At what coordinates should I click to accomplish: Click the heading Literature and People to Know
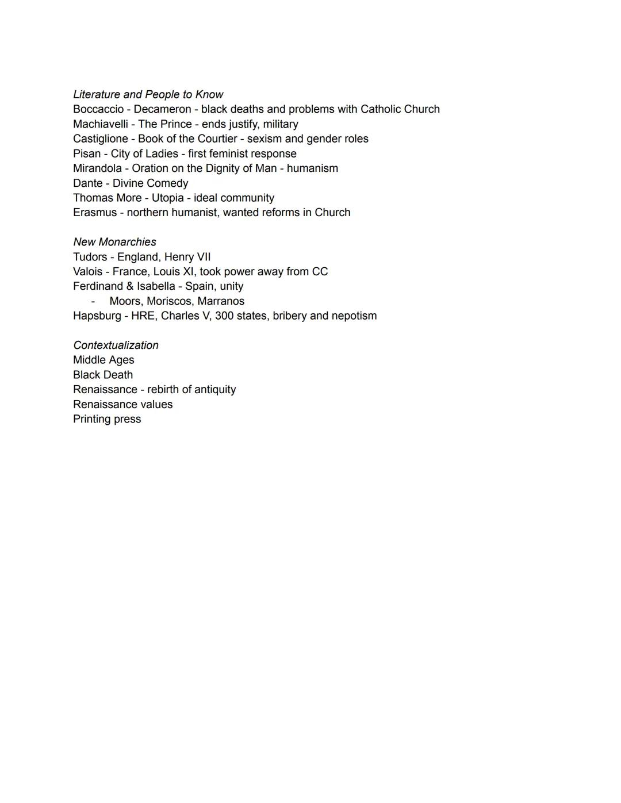(x=148, y=95)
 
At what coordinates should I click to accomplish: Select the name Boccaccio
(x=98, y=109)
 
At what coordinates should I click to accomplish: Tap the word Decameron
(x=162, y=109)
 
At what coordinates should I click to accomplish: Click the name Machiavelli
(x=101, y=124)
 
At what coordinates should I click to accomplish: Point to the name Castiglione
(x=101, y=139)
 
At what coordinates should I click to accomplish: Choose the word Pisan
(x=87, y=153)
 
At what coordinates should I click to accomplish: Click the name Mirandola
(x=97, y=168)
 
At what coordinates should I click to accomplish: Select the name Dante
(x=88, y=183)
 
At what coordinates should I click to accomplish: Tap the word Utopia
(x=167, y=198)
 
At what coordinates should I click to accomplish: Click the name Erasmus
(x=95, y=213)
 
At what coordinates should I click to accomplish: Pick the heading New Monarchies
(x=114, y=242)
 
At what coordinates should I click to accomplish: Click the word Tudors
(x=90, y=257)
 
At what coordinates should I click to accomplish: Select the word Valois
(x=87, y=272)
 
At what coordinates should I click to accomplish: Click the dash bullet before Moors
(x=93, y=301)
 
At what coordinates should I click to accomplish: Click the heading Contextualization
(x=116, y=345)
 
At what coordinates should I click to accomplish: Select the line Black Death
(x=103, y=375)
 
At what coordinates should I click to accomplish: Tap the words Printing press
(x=107, y=419)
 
